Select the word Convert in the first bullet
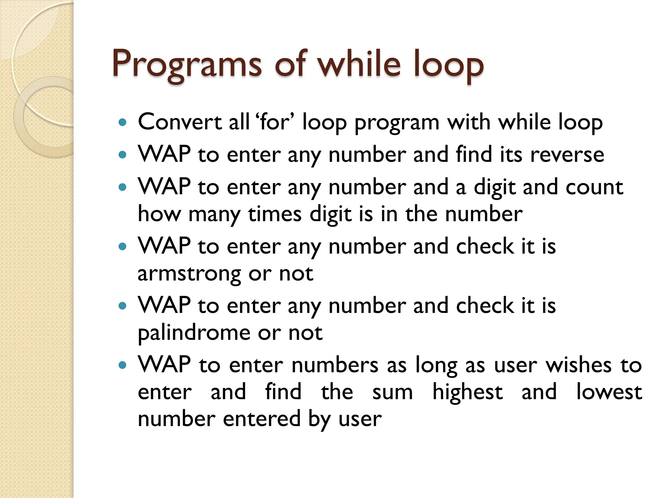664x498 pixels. point(180,122)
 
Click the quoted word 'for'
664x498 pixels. point(275,122)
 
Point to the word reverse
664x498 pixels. point(567,155)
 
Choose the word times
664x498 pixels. point(275,214)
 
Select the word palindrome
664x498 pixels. point(194,333)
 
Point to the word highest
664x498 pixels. point(468,392)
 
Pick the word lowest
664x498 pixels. point(609,392)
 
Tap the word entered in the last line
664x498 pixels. point(262,419)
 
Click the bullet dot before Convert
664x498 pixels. point(122,123)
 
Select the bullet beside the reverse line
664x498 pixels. point(122,155)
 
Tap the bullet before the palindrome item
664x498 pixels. point(122,306)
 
